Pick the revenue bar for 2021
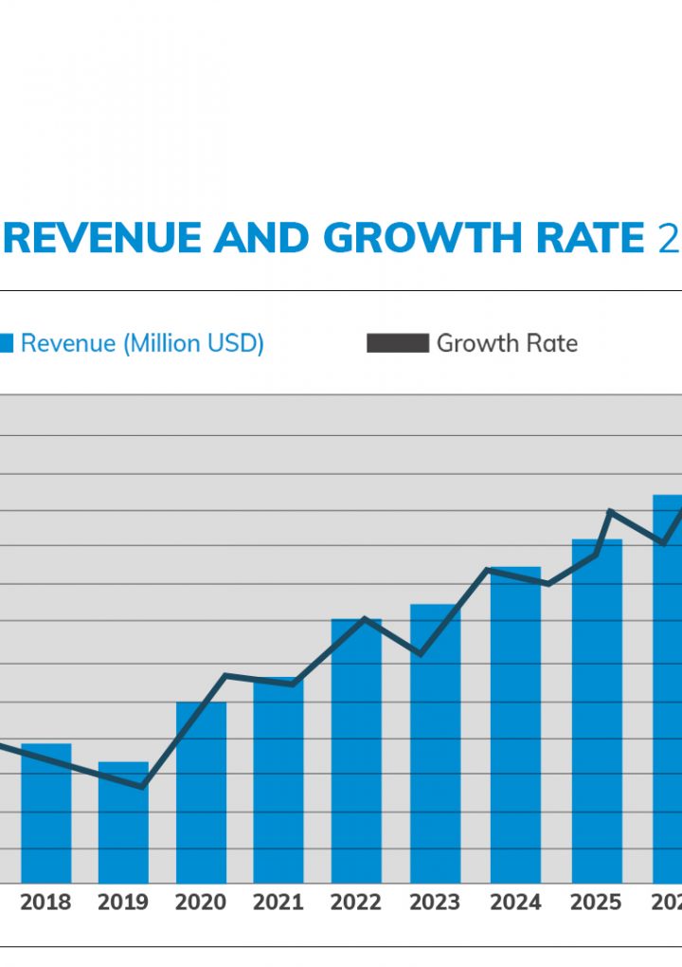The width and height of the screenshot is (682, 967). tap(278, 782)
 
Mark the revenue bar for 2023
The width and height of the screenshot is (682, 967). tap(435, 744)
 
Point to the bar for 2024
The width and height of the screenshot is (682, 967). tap(515, 725)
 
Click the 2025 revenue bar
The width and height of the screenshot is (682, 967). tap(597, 711)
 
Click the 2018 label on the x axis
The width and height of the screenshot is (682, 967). tap(45, 903)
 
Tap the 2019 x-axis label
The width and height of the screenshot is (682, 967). tap(123, 903)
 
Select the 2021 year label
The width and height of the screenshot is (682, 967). tap(278, 903)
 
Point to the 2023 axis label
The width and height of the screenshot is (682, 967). tap(435, 903)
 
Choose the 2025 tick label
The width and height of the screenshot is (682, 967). tap(596, 903)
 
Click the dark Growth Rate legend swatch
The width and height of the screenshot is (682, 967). tap(398, 343)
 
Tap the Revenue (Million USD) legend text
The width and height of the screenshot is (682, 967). tap(142, 343)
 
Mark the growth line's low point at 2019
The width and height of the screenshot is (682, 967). tap(142, 787)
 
